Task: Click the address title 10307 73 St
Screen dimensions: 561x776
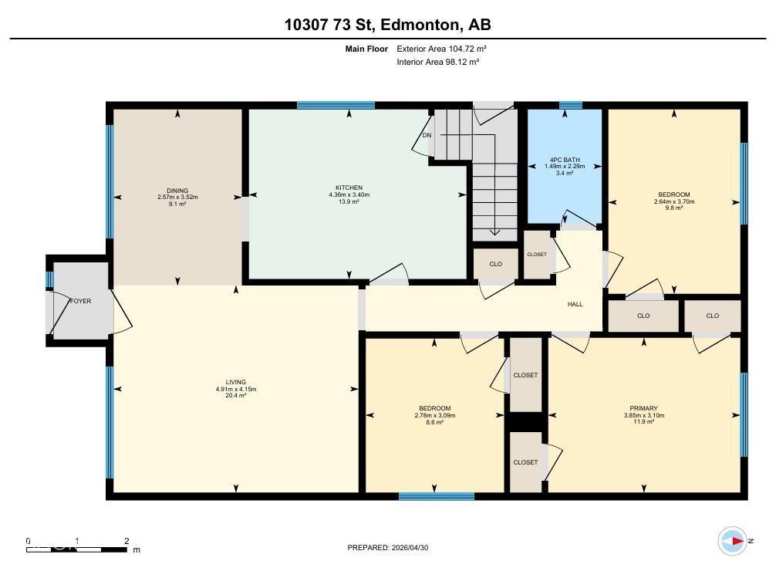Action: (387, 25)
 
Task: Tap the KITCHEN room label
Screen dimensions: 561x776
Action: (348, 188)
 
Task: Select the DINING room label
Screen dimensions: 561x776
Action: (177, 191)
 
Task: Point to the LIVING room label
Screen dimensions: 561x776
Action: (235, 382)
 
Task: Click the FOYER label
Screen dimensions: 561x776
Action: (81, 301)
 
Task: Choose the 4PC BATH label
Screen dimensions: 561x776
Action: (565, 160)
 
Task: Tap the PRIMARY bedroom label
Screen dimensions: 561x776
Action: (643, 408)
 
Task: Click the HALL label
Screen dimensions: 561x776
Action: (575, 304)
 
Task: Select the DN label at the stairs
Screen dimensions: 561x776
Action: (427, 136)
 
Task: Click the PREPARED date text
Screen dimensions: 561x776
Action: (387, 548)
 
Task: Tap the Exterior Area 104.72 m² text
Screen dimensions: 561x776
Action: (441, 49)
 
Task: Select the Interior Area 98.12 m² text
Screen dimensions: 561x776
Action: (438, 62)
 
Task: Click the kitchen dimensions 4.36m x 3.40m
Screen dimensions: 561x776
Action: (348, 195)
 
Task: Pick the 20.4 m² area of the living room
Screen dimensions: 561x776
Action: (235, 396)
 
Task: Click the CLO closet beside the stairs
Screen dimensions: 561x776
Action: (495, 264)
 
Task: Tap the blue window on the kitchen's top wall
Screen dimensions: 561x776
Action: (336, 105)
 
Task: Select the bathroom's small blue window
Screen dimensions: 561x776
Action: (570, 105)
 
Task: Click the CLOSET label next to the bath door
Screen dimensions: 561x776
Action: (537, 255)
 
